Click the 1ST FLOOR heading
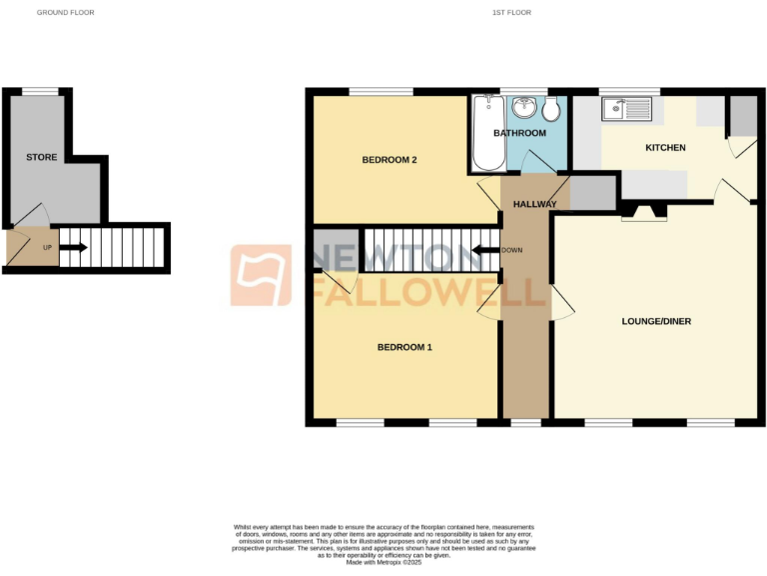(511, 12)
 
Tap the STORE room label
(42, 157)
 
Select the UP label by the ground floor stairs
(47, 247)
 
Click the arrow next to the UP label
(76, 247)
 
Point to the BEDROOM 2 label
(388, 159)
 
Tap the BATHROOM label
(520, 133)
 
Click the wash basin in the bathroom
(523, 107)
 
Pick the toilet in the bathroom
(552, 109)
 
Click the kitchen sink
(626, 108)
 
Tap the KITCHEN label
(665, 148)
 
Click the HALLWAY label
(534, 204)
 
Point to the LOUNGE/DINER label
(656, 321)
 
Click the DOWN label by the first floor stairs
(511, 250)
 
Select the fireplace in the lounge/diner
(641, 210)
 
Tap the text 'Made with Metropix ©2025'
(384, 563)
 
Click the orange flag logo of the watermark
(262, 275)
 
